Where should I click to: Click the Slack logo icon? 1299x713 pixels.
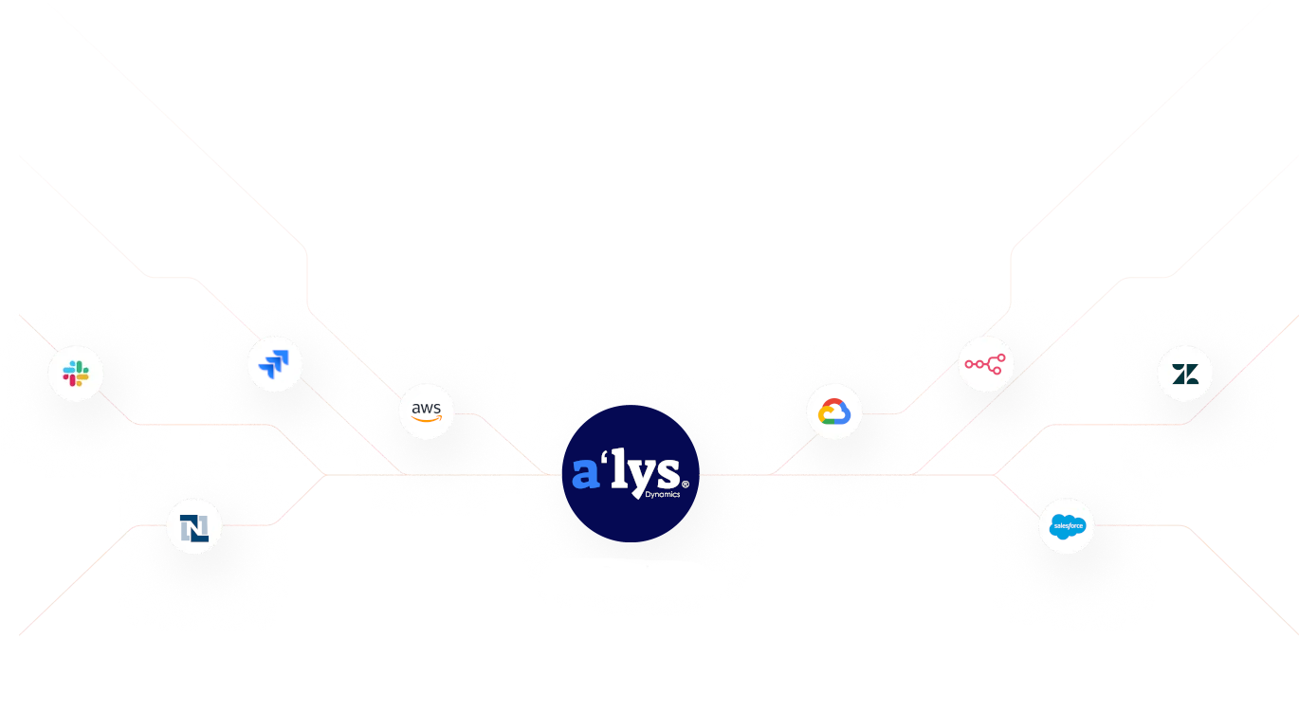(76, 374)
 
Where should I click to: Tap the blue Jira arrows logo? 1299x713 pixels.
(274, 363)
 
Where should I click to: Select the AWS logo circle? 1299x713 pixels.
(427, 411)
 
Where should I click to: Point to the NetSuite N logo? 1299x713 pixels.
(194, 526)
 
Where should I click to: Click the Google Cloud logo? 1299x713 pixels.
(834, 411)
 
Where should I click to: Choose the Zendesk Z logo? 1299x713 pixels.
(1185, 374)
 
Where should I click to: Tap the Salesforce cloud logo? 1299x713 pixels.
(1067, 525)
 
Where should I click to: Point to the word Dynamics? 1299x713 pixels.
(662, 495)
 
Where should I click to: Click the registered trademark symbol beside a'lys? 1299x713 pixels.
(685, 484)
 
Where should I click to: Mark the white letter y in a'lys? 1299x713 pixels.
(643, 477)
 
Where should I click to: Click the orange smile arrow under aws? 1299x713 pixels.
(428, 420)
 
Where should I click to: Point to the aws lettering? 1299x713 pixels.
(427, 409)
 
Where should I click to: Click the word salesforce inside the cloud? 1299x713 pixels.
(1068, 525)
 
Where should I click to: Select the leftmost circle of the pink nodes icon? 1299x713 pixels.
(969, 364)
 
